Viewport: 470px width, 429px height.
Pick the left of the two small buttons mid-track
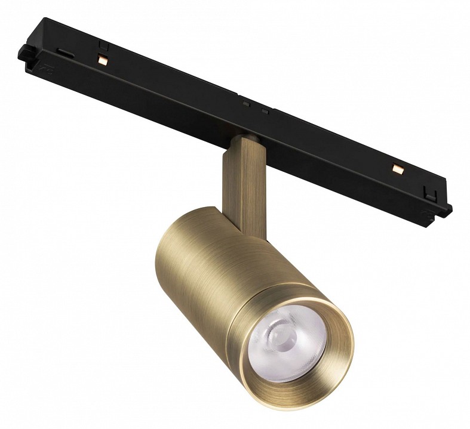(x=245, y=102)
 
